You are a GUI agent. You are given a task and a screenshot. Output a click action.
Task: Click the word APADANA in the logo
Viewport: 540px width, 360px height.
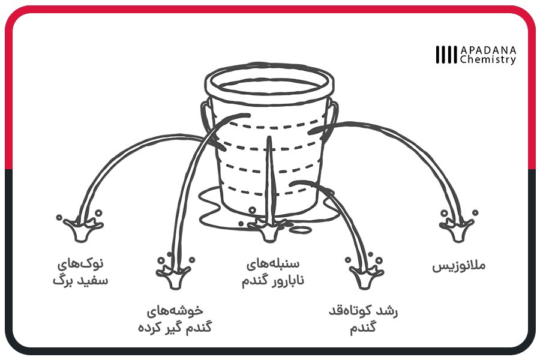(488, 50)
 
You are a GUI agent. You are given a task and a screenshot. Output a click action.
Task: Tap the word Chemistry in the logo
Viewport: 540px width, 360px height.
(488, 59)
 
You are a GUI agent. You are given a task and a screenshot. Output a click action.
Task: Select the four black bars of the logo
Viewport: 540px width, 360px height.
(446, 55)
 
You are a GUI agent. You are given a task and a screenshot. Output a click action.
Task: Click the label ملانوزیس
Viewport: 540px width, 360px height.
(459, 266)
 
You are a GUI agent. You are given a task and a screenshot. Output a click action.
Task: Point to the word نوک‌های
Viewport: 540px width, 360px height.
(80, 264)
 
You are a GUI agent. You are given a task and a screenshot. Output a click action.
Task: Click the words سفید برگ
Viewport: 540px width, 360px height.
(80, 280)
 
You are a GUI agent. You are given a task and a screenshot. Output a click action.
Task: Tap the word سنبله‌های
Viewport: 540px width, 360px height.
(273, 265)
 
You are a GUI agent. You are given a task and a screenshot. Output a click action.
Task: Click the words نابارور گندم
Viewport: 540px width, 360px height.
(273, 280)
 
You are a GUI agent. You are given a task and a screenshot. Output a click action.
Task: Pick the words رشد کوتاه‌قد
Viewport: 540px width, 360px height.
(364, 311)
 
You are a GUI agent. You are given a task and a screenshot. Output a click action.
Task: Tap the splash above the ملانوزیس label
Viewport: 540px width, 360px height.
(458, 226)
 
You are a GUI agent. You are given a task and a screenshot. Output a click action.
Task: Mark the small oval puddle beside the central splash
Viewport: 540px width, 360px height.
(302, 229)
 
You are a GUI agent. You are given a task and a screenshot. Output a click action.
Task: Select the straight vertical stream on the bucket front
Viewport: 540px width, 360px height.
(269, 179)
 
